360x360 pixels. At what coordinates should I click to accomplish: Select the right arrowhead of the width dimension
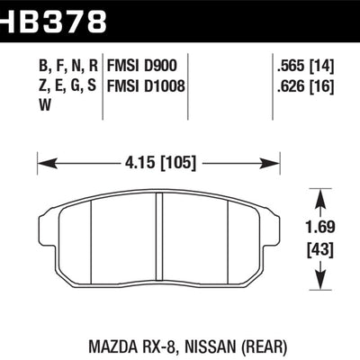(x=274, y=165)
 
